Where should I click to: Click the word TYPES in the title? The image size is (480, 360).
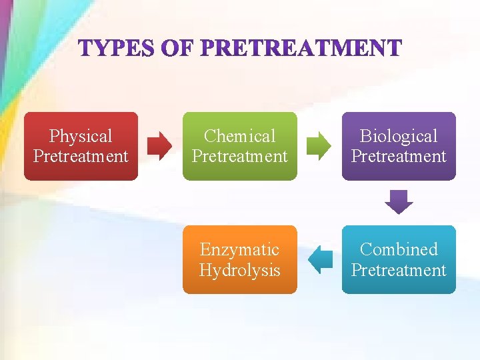point(117,49)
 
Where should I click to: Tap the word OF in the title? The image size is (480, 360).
point(179,49)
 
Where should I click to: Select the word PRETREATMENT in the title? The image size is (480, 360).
point(301,49)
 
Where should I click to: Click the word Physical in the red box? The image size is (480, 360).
point(81,137)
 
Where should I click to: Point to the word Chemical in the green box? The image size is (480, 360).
point(239,137)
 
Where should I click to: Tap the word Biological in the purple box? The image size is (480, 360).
point(399,137)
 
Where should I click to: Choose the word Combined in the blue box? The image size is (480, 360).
point(399,250)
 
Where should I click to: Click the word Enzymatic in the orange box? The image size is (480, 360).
point(239,250)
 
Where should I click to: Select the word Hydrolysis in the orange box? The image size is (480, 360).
point(239,270)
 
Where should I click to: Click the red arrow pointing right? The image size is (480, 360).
point(160,146)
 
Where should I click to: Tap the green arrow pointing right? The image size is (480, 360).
point(319,146)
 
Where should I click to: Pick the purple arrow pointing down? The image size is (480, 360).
point(399,202)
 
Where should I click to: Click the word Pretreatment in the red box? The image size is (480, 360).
point(81,157)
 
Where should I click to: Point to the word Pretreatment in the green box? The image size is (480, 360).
point(239,157)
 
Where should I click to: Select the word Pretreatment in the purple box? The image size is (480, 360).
point(399,157)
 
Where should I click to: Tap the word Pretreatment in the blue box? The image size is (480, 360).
point(399,270)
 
